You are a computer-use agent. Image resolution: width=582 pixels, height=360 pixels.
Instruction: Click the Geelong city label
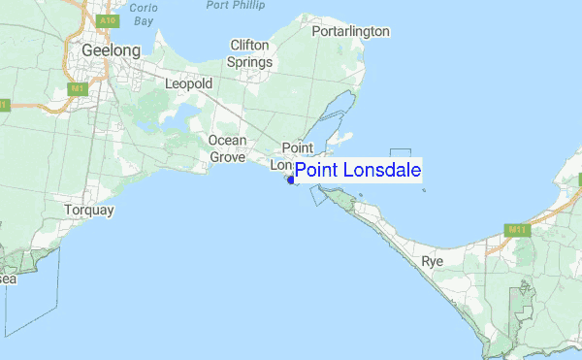coord(112,49)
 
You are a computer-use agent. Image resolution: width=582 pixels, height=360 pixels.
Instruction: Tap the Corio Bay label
coord(145,13)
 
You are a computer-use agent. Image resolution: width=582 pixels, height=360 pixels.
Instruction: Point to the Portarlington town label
coord(350,31)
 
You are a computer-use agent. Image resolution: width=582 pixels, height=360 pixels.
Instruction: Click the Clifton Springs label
coord(249,53)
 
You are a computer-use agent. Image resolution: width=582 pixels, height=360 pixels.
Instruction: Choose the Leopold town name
coord(188,84)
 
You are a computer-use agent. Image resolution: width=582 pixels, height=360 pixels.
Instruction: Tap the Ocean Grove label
coord(227,148)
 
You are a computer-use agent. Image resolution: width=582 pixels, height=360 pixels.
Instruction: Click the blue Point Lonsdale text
coord(358,171)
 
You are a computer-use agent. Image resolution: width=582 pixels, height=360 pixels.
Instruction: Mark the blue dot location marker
coord(291,180)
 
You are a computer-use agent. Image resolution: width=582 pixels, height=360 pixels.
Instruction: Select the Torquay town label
coord(88,210)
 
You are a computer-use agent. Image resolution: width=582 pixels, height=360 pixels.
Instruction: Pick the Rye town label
coord(433,261)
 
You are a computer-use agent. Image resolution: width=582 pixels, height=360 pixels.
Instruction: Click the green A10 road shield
coord(108,19)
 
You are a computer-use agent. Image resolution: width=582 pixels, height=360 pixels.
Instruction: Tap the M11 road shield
coord(517,230)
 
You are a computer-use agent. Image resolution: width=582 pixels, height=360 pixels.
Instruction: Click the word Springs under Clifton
coord(249,62)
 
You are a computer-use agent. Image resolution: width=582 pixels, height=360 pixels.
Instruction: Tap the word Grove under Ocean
coord(227,156)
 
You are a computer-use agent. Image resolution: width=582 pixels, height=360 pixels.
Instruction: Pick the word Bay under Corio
coord(145,19)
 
